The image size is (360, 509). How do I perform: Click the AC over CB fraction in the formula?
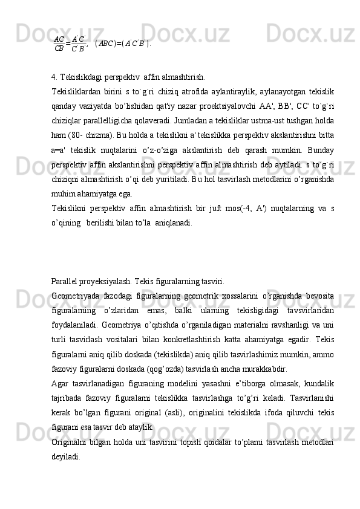(59, 44)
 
